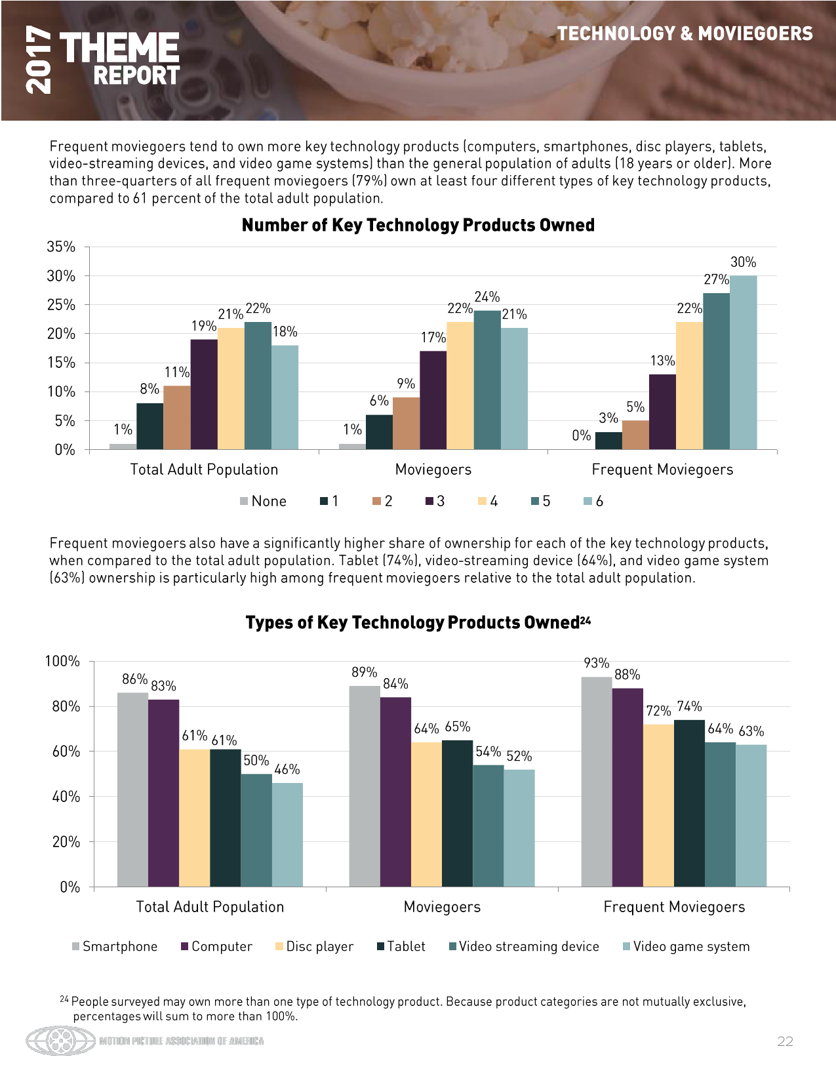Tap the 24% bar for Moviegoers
[487, 380]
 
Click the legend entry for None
[263, 502]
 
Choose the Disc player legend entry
[314, 947]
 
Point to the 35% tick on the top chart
[61, 247]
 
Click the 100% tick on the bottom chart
[62, 661]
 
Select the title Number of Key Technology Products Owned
[418, 225]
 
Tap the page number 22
[785, 1041]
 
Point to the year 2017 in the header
[38, 60]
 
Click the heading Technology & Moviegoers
[685, 33]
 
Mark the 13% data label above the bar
[662, 361]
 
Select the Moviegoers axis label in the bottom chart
[442, 907]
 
